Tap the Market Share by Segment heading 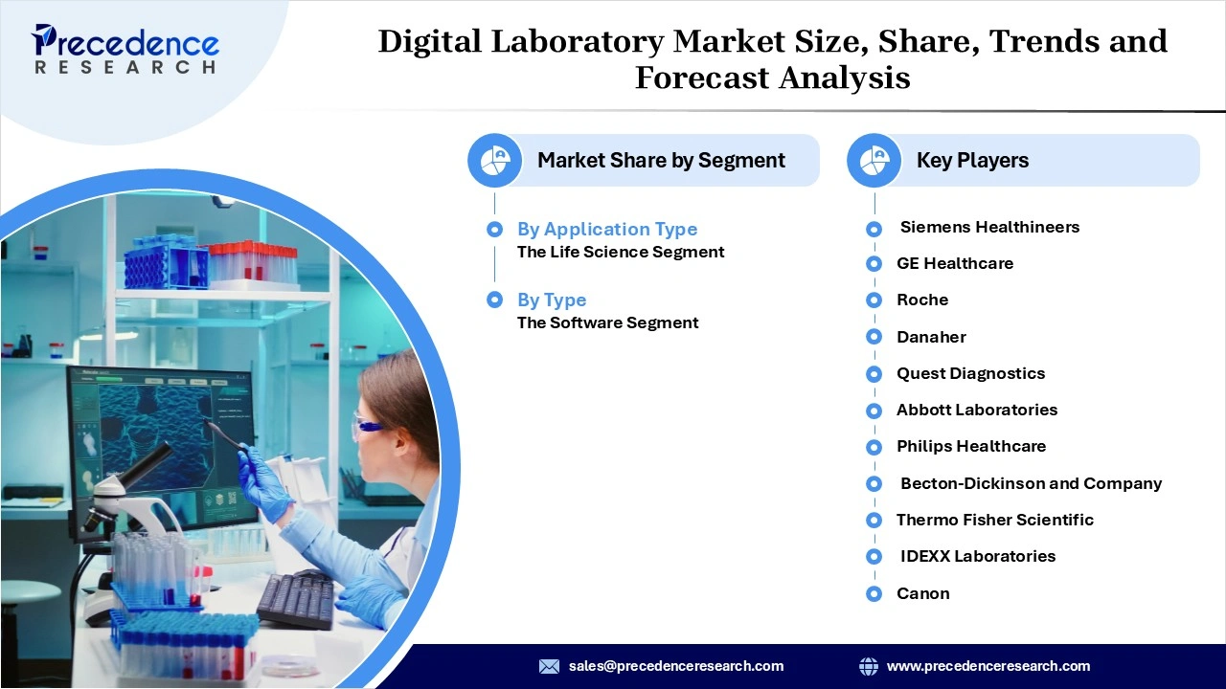click(x=661, y=161)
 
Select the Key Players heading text click(x=972, y=161)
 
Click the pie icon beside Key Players click(x=874, y=161)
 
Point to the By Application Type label click(x=607, y=229)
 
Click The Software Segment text click(x=607, y=322)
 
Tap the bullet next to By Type click(x=494, y=300)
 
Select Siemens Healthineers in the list click(x=989, y=227)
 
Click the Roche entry click(x=921, y=300)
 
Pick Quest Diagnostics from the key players click(x=970, y=373)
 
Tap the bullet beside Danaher click(x=874, y=337)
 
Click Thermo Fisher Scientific click(x=994, y=520)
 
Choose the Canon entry click(x=922, y=593)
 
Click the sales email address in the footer click(x=675, y=666)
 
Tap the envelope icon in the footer click(x=549, y=666)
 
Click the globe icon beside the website click(x=869, y=666)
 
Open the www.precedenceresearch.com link click(x=988, y=666)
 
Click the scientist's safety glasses click(x=368, y=427)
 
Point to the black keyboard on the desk click(x=295, y=598)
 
